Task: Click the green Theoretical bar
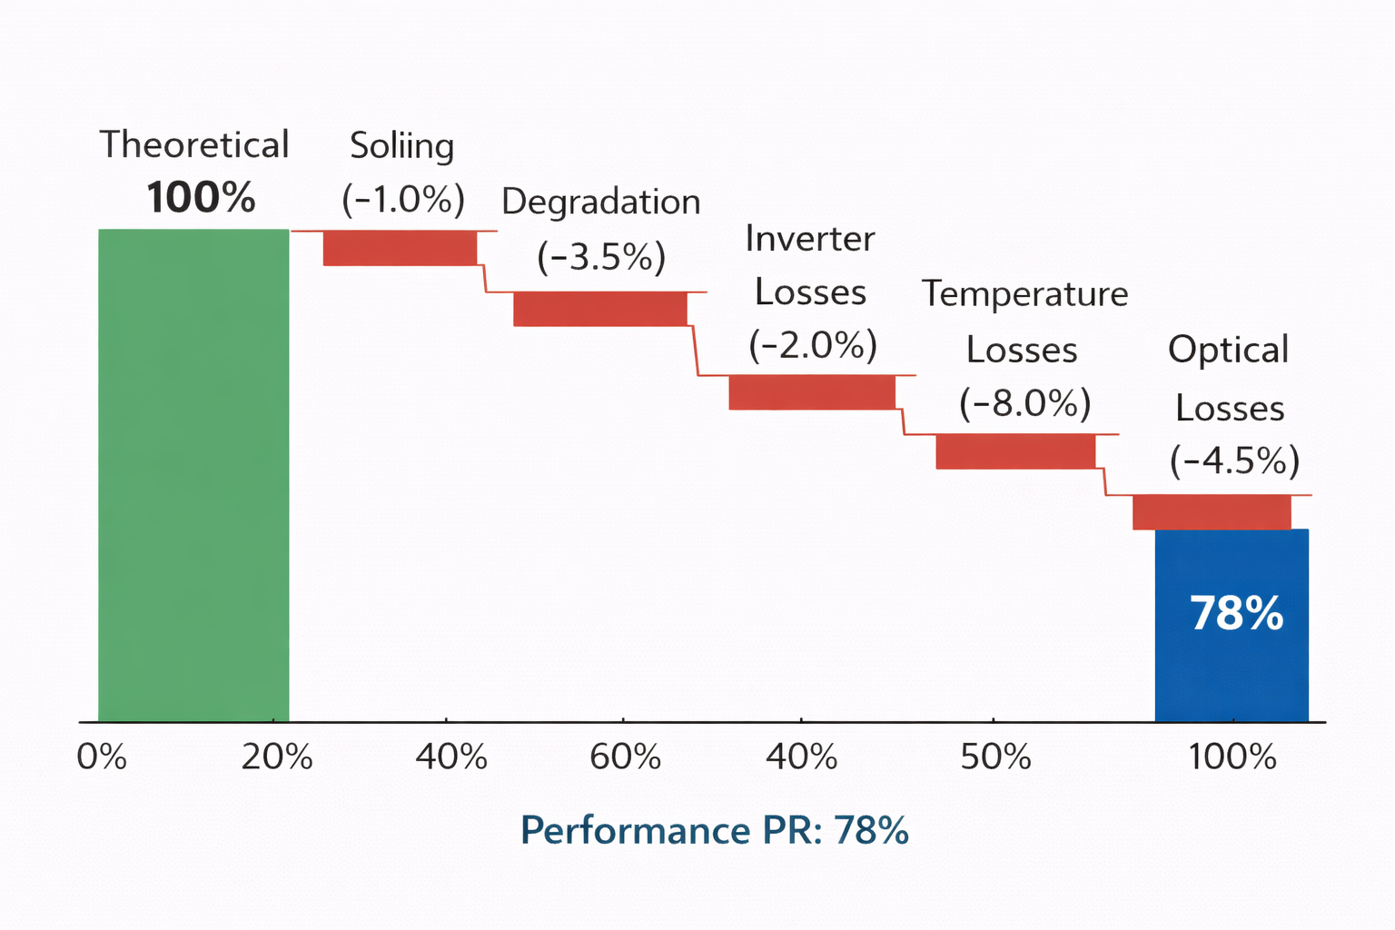tap(193, 475)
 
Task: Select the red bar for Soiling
tap(400, 248)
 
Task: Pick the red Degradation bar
tap(599, 309)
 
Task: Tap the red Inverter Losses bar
tap(812, 392)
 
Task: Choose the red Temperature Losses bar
tap(1015, 451)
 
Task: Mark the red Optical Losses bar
tap(1212, 512)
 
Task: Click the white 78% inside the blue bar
tap(1236, 614)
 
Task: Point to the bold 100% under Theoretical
tap(201, 197)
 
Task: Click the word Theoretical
tap(194, 145)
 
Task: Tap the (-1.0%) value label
tap(403, 199)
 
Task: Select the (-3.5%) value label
tap(601, 257)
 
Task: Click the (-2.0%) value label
tap(813, 345)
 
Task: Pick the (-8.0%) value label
tap(1025, 403)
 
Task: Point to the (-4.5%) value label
tap(1234, 461)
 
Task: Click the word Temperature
tap(1024, 294)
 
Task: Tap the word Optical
tap(1228, 351)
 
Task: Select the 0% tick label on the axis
tap(102, 757)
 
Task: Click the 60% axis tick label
tap(625, 757)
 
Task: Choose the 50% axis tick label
tap(995, 757)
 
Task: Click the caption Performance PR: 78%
tap(715, 830)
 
